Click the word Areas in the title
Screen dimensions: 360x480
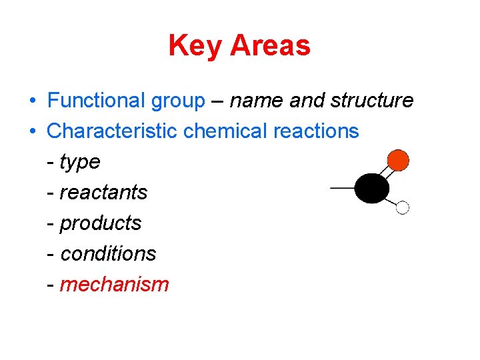[270, 46]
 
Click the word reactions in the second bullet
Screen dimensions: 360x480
[316, 131]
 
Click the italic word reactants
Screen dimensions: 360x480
[103, 193]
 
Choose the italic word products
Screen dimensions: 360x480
[101, 223]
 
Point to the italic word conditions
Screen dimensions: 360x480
[108, 253]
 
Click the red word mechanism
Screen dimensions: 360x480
[114, 285]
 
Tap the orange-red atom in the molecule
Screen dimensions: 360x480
[397, 160]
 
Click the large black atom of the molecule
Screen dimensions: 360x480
[371, 188]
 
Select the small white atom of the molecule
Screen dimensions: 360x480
[402, 207]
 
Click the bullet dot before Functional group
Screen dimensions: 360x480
[32, 101]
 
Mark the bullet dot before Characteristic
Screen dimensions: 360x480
[32, 131]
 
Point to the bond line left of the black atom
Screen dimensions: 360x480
[342, 188]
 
